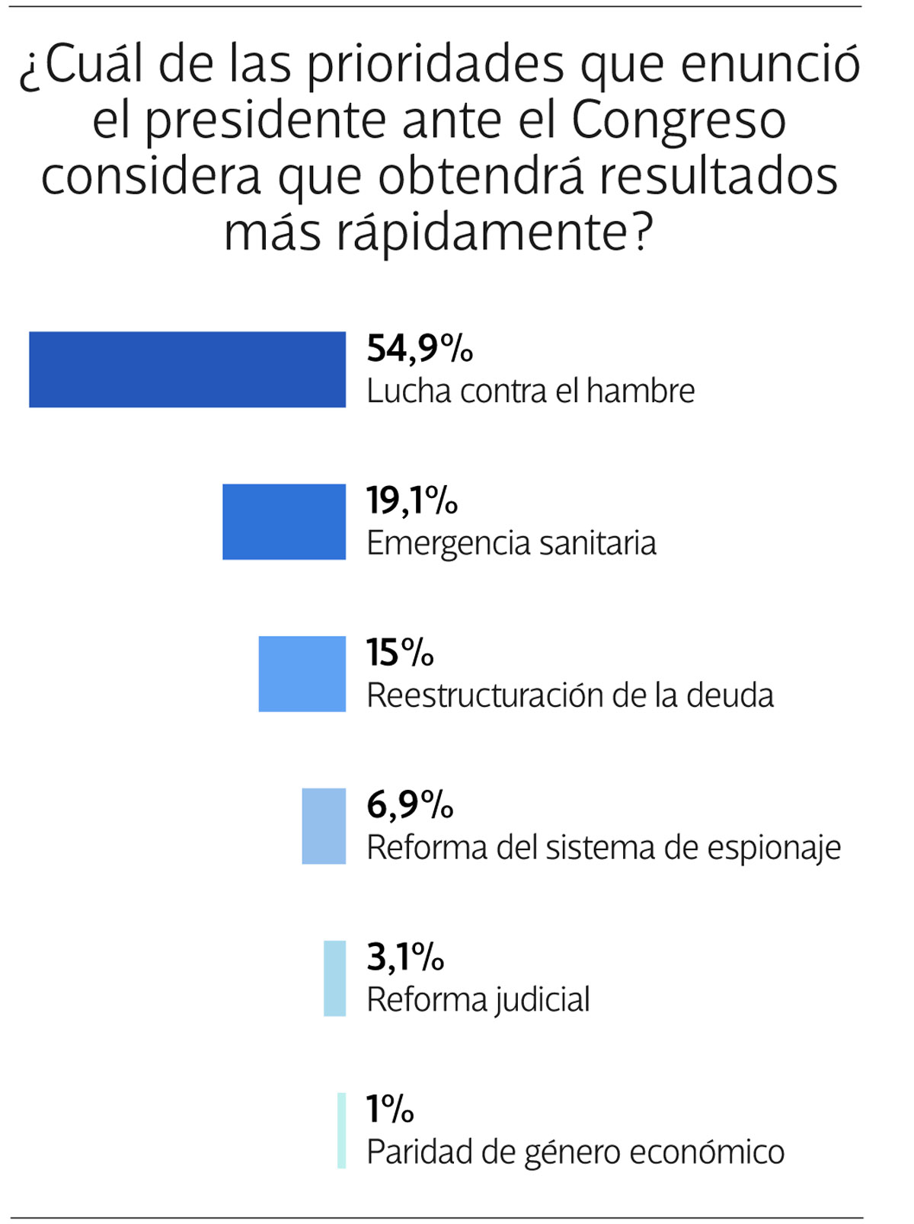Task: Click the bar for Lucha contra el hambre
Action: (187, 369)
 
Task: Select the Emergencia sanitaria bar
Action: (283, 522)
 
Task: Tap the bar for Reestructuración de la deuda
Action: (302, 674)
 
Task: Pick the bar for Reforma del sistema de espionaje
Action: (324, 826)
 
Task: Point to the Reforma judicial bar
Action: (334, 979)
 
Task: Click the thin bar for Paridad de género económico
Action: (342, 1131)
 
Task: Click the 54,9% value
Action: (419, 348)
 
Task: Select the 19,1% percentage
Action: (412, 500)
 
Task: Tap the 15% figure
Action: (400, 653)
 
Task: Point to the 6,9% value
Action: (410, 805)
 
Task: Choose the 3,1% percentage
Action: (405, 957)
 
